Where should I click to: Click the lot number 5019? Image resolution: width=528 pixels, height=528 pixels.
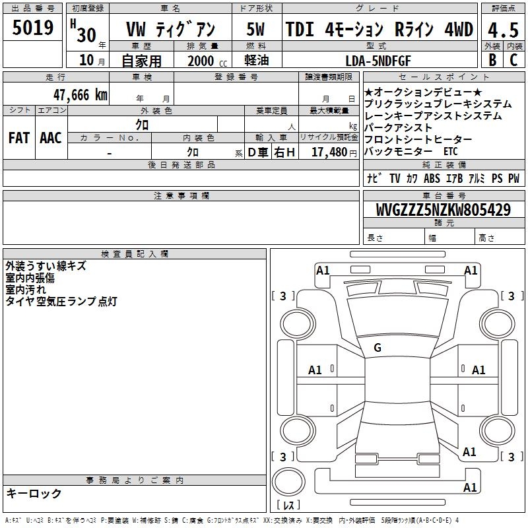coord(33,28)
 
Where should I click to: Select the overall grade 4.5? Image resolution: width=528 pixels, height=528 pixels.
coord(503,30)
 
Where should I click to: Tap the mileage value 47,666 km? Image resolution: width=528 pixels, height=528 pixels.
coord(80,95)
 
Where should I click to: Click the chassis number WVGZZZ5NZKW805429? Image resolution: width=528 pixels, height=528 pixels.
coord(443,210)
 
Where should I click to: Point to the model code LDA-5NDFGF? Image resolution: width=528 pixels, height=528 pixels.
coord(378,61)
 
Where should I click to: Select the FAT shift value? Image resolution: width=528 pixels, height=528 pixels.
coord(19,138)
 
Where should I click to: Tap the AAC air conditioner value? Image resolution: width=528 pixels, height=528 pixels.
coord(51,138)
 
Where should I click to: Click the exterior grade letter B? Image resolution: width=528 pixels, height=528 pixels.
coord(492,60)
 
